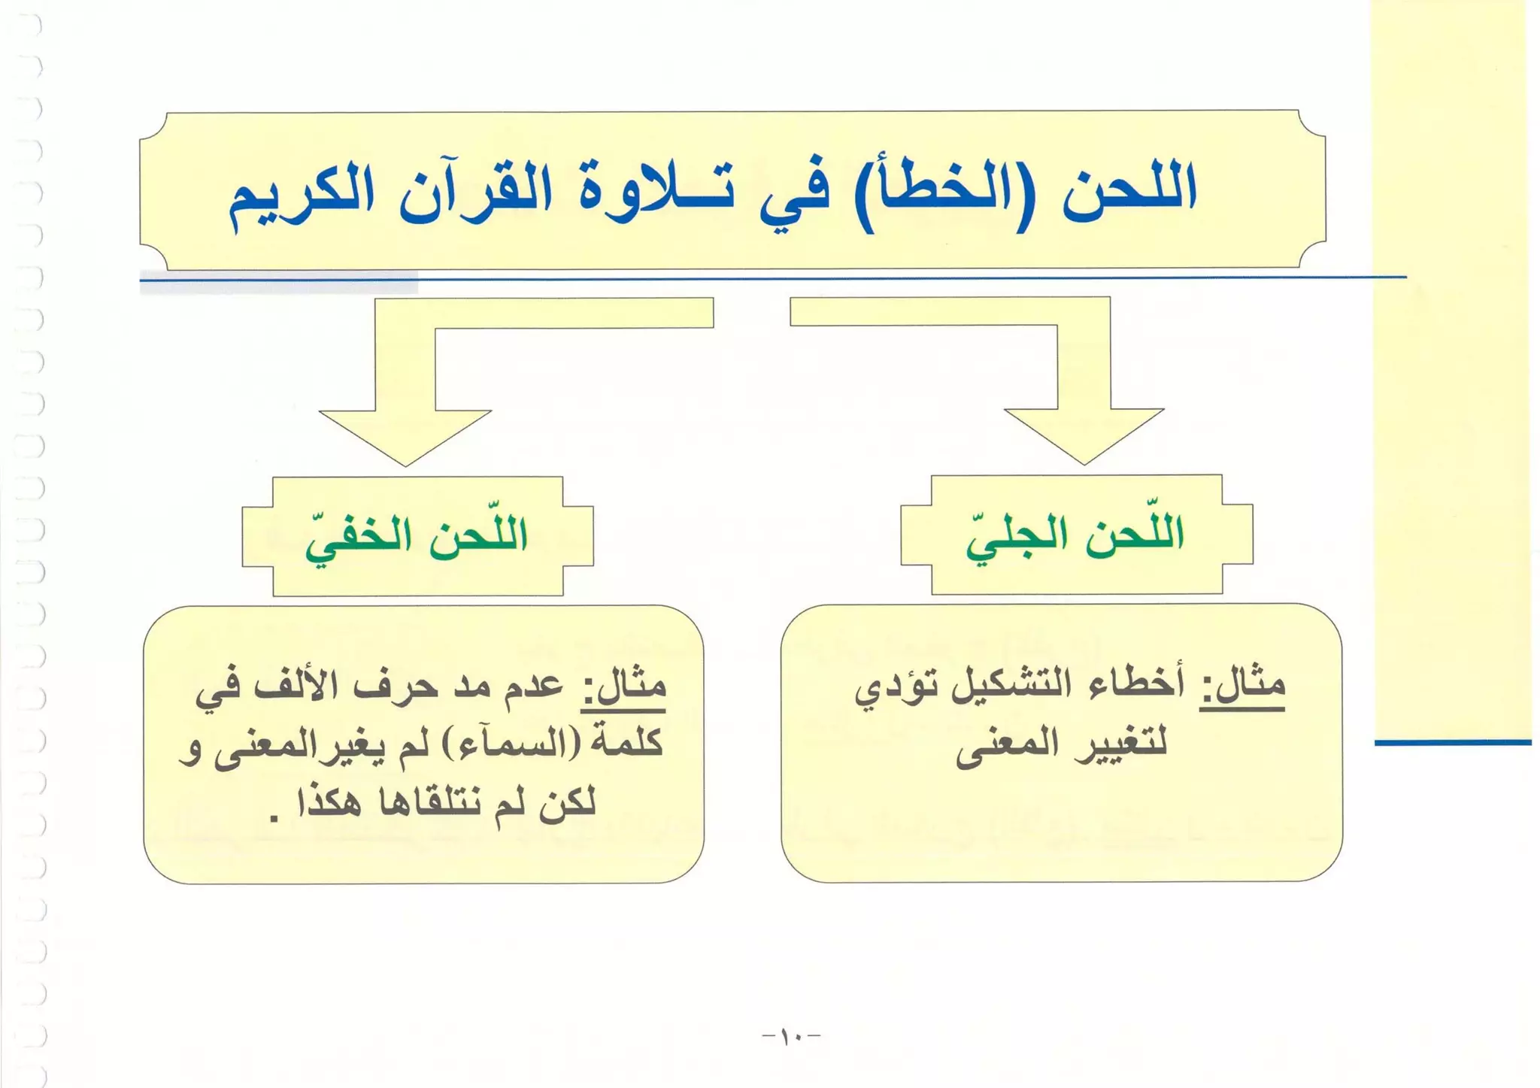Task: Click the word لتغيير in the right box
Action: [1120, 744]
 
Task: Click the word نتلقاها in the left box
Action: [429, 802]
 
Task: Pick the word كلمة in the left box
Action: [629, 744]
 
